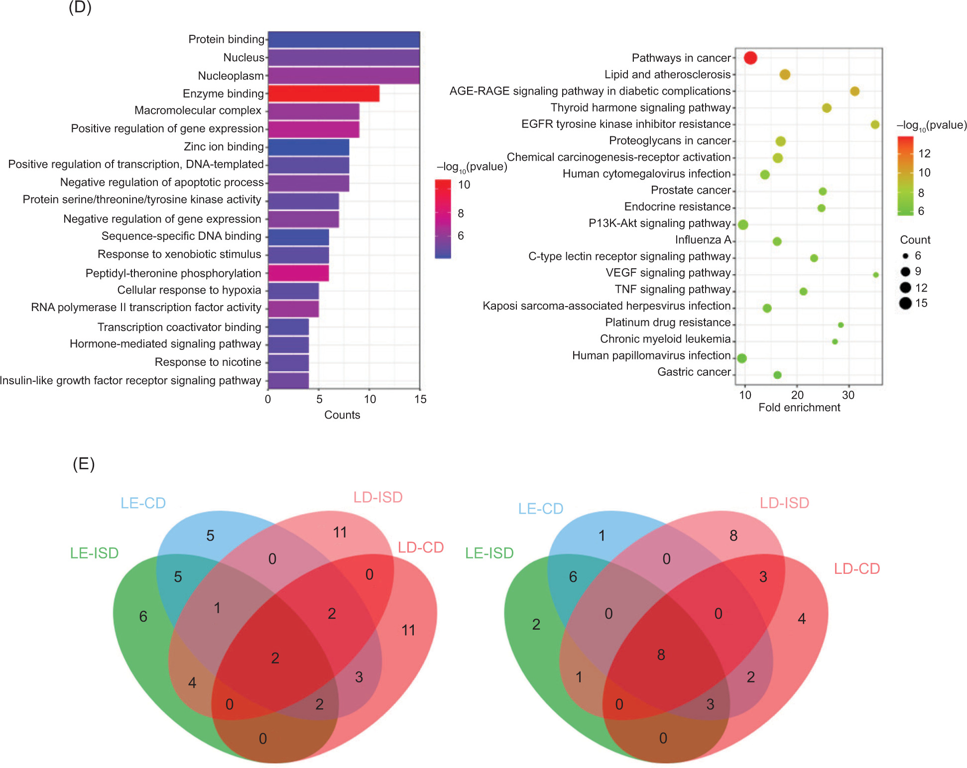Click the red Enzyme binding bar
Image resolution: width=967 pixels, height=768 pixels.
coord(324,94)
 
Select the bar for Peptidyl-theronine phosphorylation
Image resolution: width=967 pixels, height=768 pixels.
coord(298,273)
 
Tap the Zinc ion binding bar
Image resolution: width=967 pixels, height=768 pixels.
coord(309,147)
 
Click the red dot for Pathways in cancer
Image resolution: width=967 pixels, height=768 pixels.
coord(750,58)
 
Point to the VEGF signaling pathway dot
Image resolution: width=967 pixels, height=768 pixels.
coord(875,275)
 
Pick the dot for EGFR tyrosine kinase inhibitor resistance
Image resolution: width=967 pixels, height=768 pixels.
coord(875,124)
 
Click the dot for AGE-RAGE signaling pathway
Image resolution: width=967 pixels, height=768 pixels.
coord(854,91)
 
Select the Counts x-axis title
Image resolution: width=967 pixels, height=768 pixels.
coord(342,415)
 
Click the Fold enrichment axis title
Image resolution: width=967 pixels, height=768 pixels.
coord(799,408)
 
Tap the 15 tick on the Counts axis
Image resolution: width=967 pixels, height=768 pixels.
coord(420,399)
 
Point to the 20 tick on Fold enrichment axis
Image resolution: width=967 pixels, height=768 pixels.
coord(797,395)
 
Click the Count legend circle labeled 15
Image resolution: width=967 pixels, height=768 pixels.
coord(905,303)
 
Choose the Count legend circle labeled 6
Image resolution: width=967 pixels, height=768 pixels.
coord(905,256)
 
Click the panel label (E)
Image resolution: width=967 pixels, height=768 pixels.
coord(84,464)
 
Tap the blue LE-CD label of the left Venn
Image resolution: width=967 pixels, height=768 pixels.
coord(143,503)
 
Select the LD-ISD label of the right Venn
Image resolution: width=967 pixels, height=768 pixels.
coord(784,503)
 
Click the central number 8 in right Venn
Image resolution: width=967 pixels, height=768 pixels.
coord(661,655)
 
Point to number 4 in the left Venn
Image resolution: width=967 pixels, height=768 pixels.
coord(192,683)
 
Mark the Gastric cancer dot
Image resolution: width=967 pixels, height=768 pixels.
coord(777,375)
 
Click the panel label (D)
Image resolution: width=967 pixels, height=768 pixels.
coord(80,7)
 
